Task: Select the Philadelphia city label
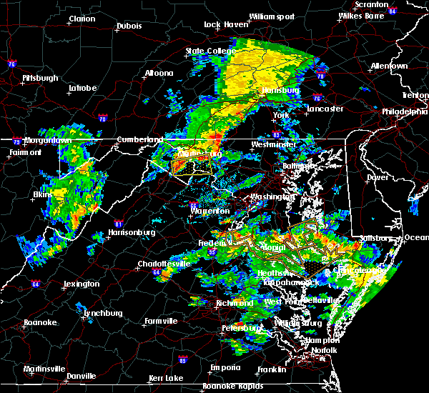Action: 404,111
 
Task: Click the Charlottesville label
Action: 164,264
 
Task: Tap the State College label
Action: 205,51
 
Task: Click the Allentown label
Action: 389,66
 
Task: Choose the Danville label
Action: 91,374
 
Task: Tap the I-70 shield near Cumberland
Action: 103,117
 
